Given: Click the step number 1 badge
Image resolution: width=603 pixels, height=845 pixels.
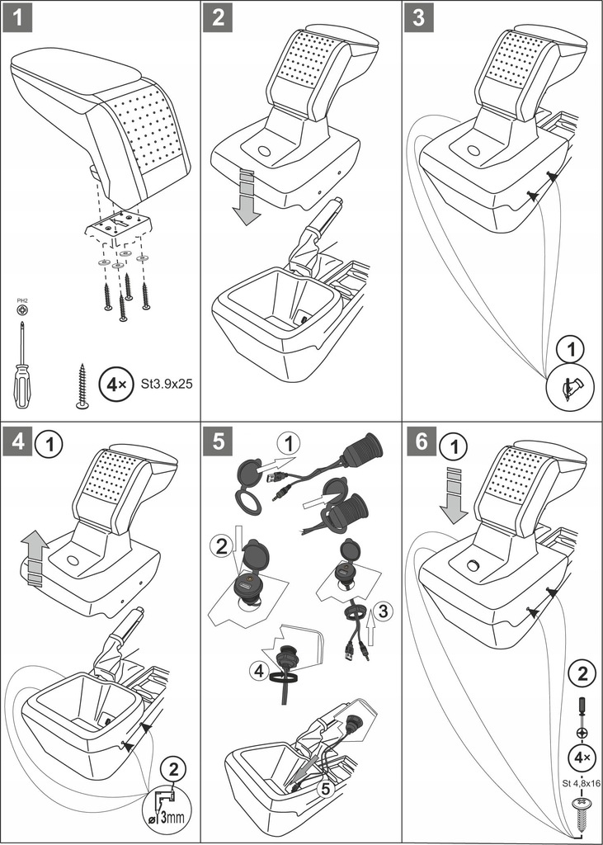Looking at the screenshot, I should pyautogui.click(x=16, y=17).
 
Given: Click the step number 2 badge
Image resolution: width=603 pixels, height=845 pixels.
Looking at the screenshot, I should pyautogui.click(x=219, y=17).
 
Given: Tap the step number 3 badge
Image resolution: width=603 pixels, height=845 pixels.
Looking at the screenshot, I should pyautogui.click(x=420, y=17).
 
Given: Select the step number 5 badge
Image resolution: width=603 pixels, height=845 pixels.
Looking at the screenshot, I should pyautogui.click(x=219, y=439).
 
